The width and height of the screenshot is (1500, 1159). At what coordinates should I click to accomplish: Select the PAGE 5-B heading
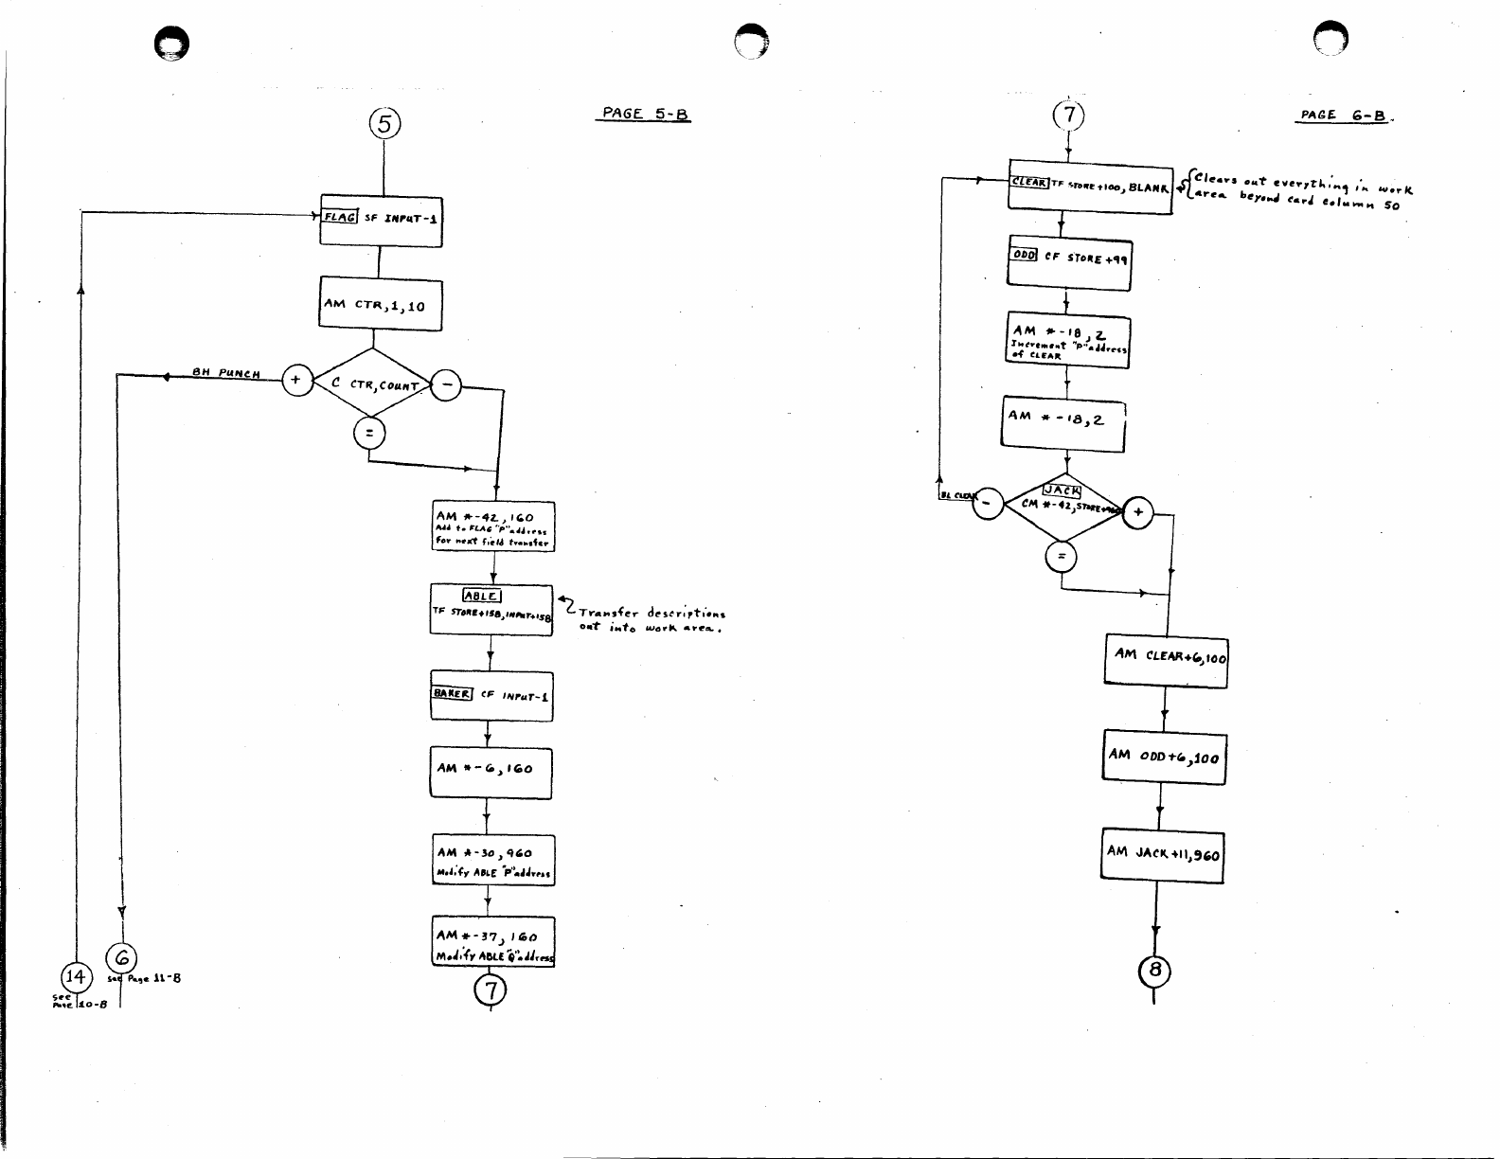[647, 115]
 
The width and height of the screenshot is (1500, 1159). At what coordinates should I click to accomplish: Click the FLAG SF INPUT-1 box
[381, 218]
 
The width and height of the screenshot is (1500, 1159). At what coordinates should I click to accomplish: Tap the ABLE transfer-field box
[491, 610]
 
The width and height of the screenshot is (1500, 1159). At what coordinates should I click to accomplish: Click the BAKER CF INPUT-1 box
[491, 695]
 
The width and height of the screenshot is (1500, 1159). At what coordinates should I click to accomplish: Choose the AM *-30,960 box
[492, 860]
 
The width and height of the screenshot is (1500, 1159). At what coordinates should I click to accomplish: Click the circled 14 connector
[76, 976]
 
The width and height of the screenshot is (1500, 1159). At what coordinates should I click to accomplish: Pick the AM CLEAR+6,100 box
[1166, 659]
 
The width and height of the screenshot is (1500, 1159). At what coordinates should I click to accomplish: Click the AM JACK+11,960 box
[1163, 855]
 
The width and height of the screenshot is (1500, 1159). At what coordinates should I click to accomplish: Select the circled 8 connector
[1155, 971]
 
